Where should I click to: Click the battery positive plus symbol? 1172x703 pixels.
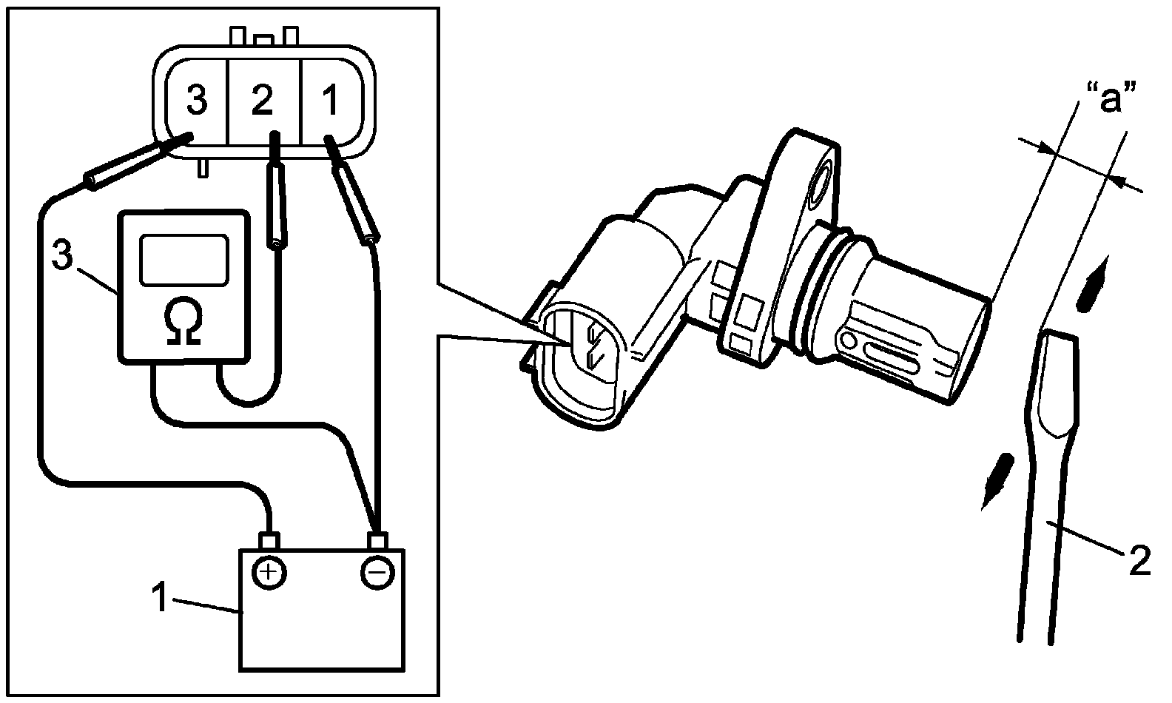269,571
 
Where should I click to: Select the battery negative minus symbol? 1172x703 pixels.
377,571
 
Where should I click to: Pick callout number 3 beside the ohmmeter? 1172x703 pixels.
62,255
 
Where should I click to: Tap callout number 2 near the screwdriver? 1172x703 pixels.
1140,562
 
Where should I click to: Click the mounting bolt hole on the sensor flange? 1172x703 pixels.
821,185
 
